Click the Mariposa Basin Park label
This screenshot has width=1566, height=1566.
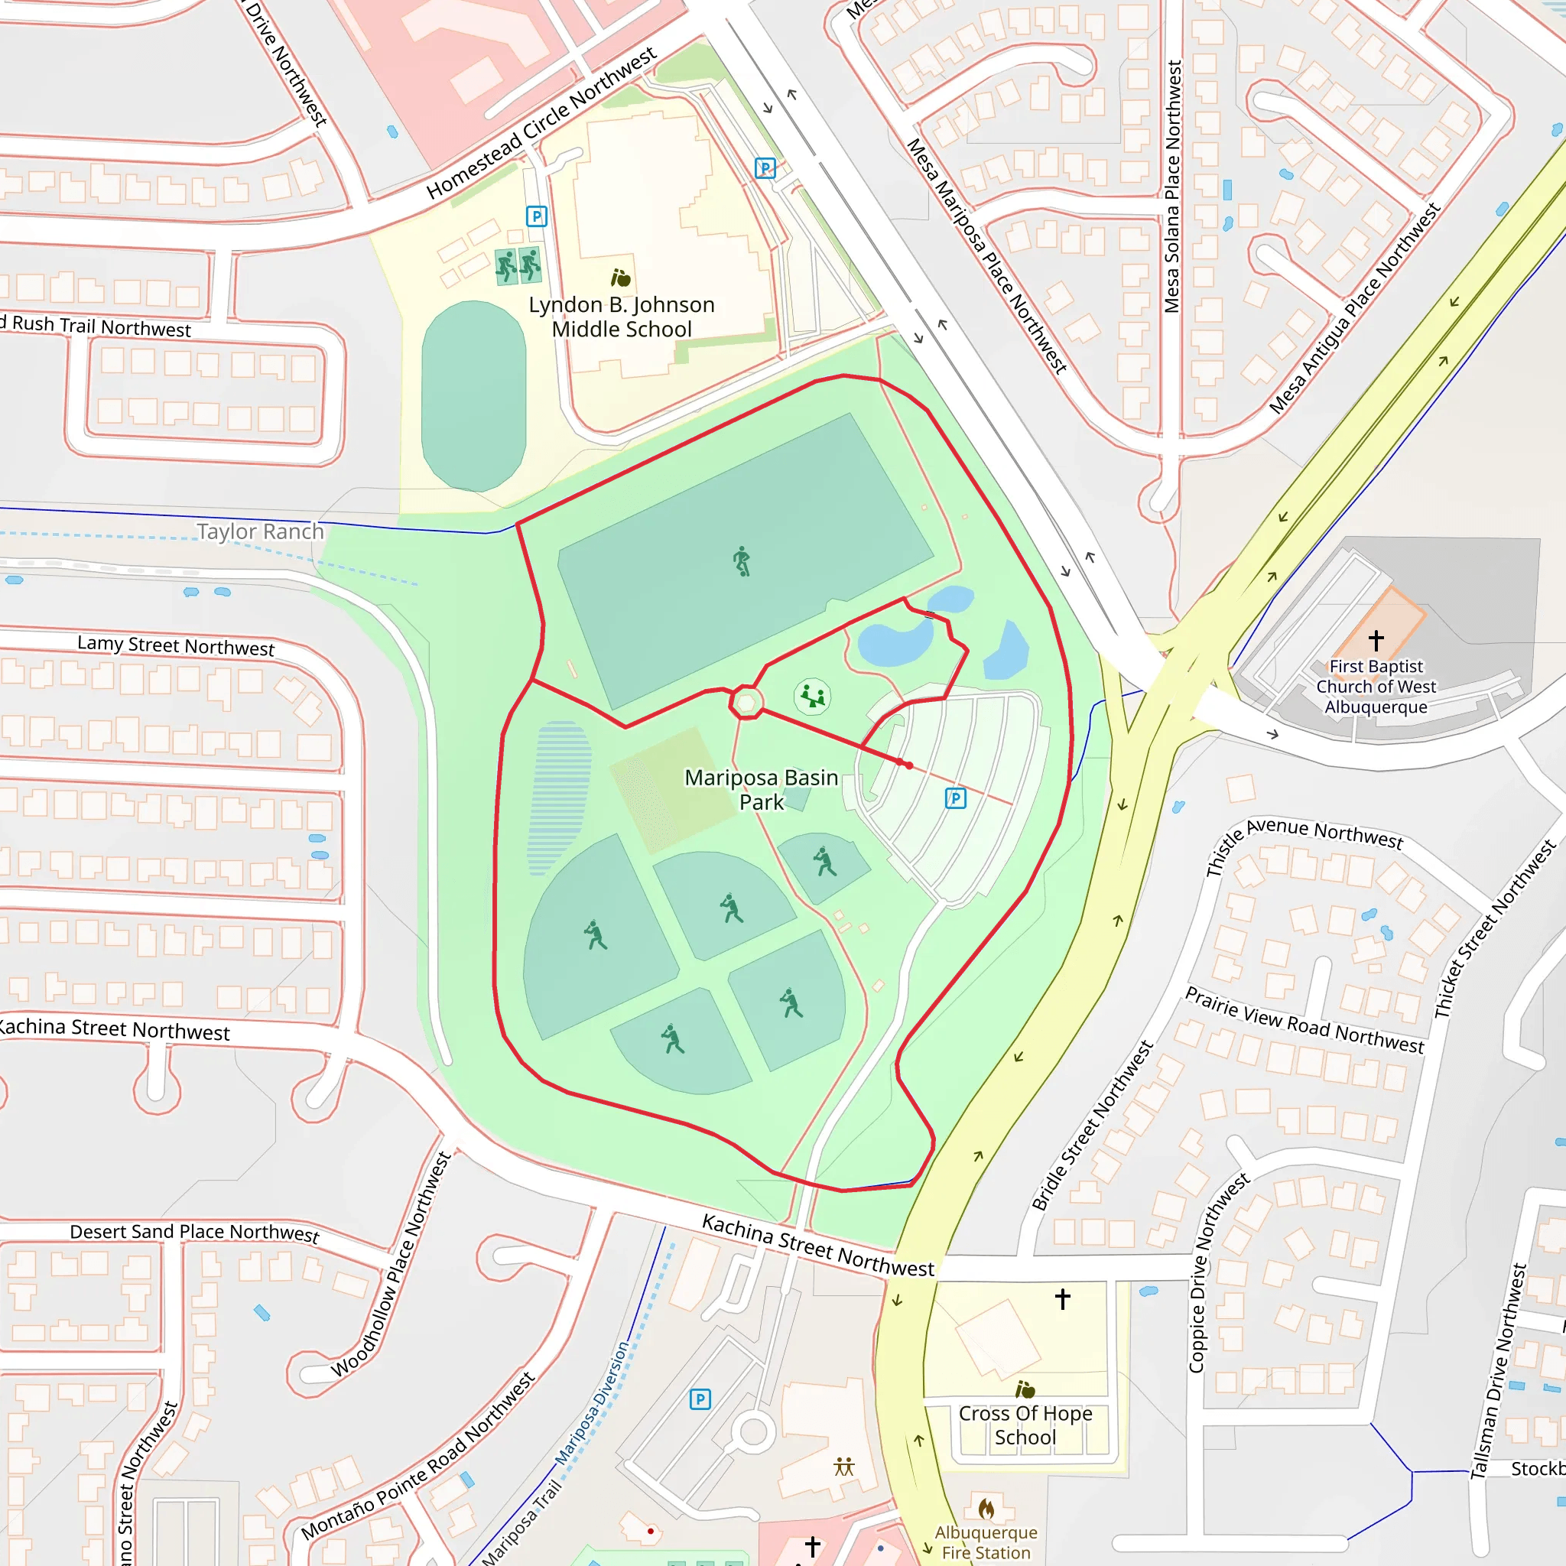pos(761,789)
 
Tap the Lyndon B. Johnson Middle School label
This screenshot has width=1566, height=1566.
pos(622,317)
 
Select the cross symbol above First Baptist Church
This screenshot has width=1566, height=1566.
pos(1376,640)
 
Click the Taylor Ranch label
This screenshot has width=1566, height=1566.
pos(260,531)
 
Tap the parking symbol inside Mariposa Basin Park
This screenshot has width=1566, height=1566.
pos(956,798)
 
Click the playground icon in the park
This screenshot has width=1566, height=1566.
pos(812,697)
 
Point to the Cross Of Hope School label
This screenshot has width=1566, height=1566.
pos(1025,1425)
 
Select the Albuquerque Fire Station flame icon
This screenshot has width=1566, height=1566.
pos(986,1509)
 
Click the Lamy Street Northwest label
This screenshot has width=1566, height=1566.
pos(176,646)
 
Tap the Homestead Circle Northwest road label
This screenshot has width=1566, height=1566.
pos(541,123)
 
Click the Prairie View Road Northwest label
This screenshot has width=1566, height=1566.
pos(1304,1020)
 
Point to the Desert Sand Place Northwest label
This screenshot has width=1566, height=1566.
pos(194,1232)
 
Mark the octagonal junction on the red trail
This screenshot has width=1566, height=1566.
pos(746,702)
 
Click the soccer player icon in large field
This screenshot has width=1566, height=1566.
pos(742,561)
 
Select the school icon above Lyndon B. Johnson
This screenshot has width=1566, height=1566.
pos(621,278)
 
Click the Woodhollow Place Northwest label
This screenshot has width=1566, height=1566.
pos(391,1264)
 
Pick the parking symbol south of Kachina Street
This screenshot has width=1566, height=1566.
pos(700,1399)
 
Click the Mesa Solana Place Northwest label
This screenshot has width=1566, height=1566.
pos(1172,187)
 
